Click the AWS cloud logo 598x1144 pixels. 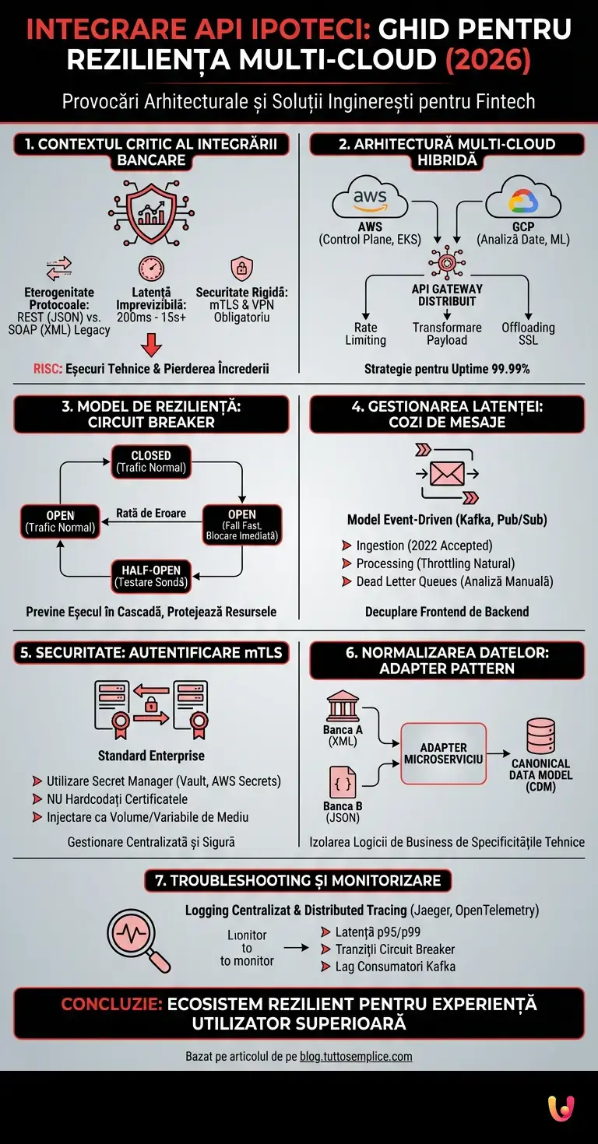[x=370, y=197]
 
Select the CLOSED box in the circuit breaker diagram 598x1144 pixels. [x=151, y=461]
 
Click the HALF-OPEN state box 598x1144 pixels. [x=151, y=574]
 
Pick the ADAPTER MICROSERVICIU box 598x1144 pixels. [x=443, y=753]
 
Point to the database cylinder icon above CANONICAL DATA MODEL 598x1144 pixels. [x=540, y=735]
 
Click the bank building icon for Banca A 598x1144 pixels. [x=343, y=707]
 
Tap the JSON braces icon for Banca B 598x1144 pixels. [x=343, y=781]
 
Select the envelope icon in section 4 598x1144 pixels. [x=447, y=472]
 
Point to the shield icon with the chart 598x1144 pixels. [x=151, y=210]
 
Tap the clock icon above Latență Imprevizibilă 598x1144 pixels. [x=151, y=268]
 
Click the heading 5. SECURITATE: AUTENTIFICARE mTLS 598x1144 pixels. [x=151, y=653]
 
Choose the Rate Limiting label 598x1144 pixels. [x=365, y=334]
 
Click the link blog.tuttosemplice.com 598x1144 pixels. [x=356, y=1056]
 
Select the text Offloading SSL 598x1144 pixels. [x=528, y=334]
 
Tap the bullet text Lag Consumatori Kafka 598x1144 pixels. [x=395, y=967]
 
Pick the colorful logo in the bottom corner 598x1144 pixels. [x=561, y=1107]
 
